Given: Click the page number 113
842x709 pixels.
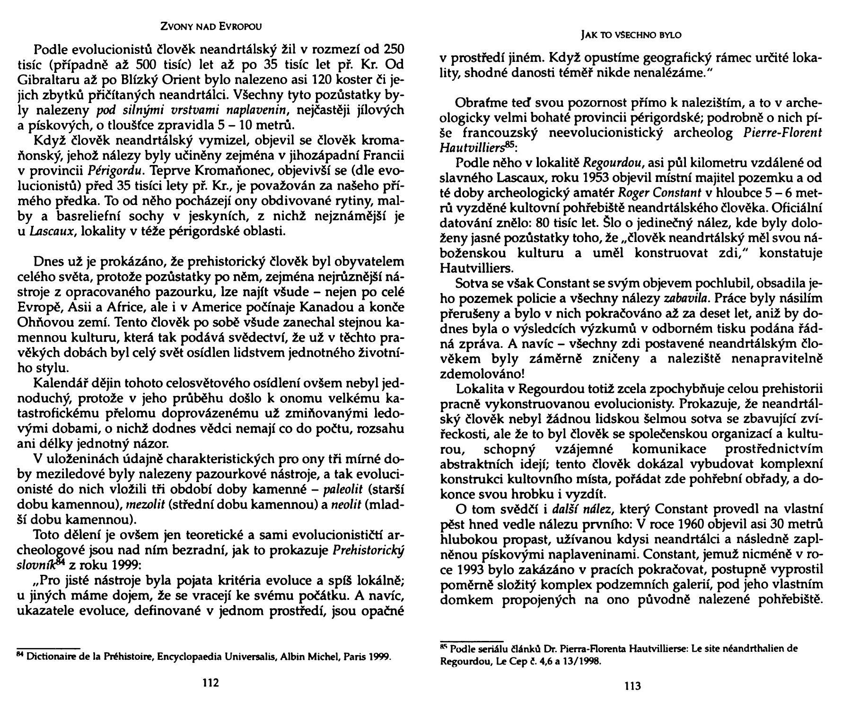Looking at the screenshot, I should tap(632, 686).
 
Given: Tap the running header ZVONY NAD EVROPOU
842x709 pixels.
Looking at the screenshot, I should tap(210, 25).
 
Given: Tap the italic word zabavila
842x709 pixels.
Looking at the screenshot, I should tap(686, 299).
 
